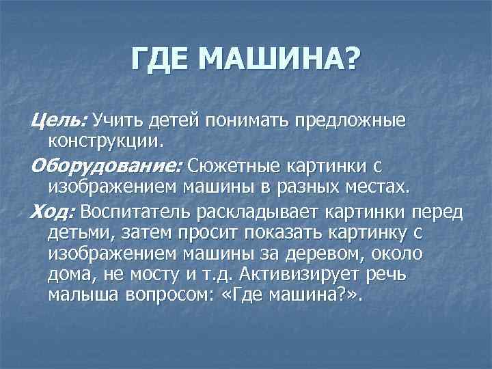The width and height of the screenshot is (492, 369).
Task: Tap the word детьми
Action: pyautogui.click(x=74, y=232)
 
